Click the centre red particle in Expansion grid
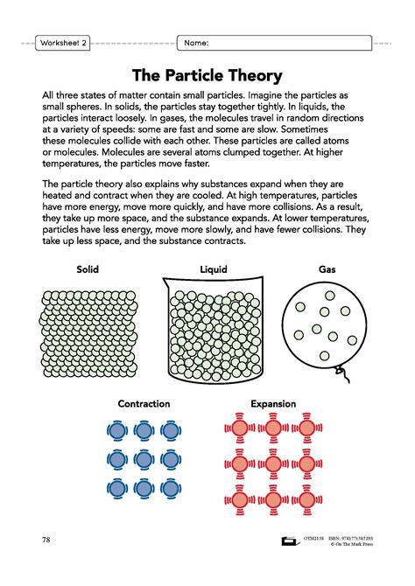pos(273,462)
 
